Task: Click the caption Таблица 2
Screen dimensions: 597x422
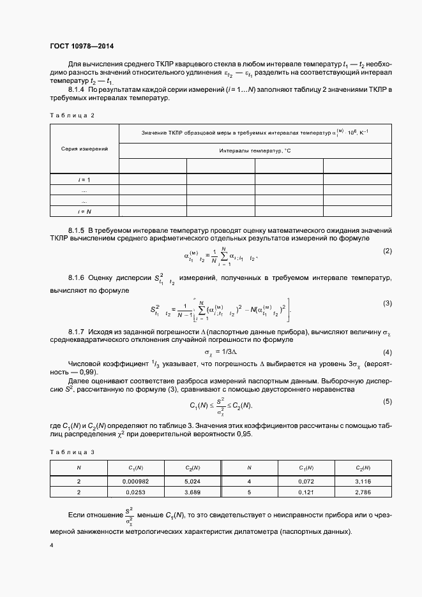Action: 72,115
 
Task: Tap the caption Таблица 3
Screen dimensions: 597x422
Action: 72,452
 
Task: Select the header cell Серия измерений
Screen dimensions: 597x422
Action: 84,149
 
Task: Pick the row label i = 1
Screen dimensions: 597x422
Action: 84,180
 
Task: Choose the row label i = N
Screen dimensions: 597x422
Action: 84,210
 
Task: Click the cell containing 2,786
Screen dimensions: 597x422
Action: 362,493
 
